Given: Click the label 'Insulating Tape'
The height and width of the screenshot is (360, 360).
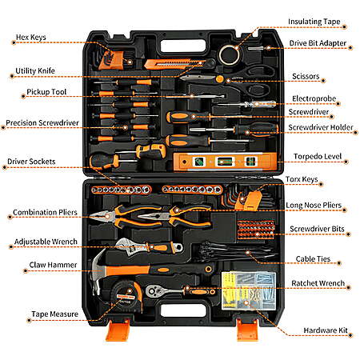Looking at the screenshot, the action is click(x=314, y=22).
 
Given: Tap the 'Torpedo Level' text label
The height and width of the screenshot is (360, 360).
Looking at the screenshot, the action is click(x=318, y=156).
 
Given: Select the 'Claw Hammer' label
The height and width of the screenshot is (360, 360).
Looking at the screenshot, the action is click(x=53, y=265).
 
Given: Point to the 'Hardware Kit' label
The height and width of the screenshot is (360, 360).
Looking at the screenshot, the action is click(x=326, y=330).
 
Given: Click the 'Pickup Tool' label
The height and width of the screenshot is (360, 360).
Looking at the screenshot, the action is click(x=46, y=92).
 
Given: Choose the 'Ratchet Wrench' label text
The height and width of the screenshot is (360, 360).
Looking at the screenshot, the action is click(x=318, y=283).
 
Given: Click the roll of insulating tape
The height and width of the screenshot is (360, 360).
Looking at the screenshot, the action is click(x=229, y=55).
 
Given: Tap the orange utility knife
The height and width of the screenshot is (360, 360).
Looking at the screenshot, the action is click(x=174, y=64).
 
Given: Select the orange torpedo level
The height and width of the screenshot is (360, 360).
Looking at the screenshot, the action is click(x=225, y=162).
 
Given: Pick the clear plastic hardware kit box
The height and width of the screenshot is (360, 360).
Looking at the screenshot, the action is click(x=249, y=290).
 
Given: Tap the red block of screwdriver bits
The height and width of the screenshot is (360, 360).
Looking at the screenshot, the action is click(x=256, y=230).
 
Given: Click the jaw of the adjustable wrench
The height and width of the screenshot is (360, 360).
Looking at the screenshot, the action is click(x=125, y=246).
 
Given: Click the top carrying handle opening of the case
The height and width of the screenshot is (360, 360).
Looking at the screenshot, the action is click(x=183, y=46).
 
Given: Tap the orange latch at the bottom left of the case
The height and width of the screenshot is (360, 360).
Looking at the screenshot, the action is click(x=118, y=330).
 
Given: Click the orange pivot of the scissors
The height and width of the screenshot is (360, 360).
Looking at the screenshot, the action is click(x=219, y=78).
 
